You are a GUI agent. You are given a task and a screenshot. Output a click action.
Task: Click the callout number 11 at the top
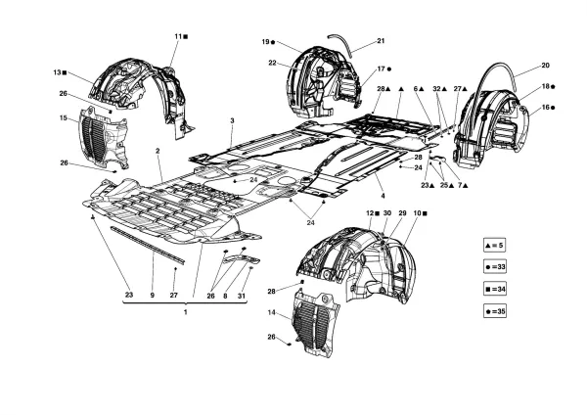pos(179,36)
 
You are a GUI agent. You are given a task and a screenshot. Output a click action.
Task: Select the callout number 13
pos(58,72)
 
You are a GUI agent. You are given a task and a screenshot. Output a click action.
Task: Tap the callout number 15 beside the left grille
pos(63,118)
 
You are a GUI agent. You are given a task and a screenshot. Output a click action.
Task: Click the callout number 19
pos(265,42)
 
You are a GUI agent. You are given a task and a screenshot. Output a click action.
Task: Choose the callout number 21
pos(381,41)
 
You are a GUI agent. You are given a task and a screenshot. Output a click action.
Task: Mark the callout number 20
pos(545,67)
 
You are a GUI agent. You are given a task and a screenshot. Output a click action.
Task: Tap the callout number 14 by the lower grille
pos(271,313)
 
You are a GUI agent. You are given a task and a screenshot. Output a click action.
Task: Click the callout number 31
pos(245,296)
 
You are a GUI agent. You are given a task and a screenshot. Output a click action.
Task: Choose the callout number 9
pos(153,296)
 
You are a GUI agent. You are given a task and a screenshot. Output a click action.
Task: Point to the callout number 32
pos(437,89)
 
